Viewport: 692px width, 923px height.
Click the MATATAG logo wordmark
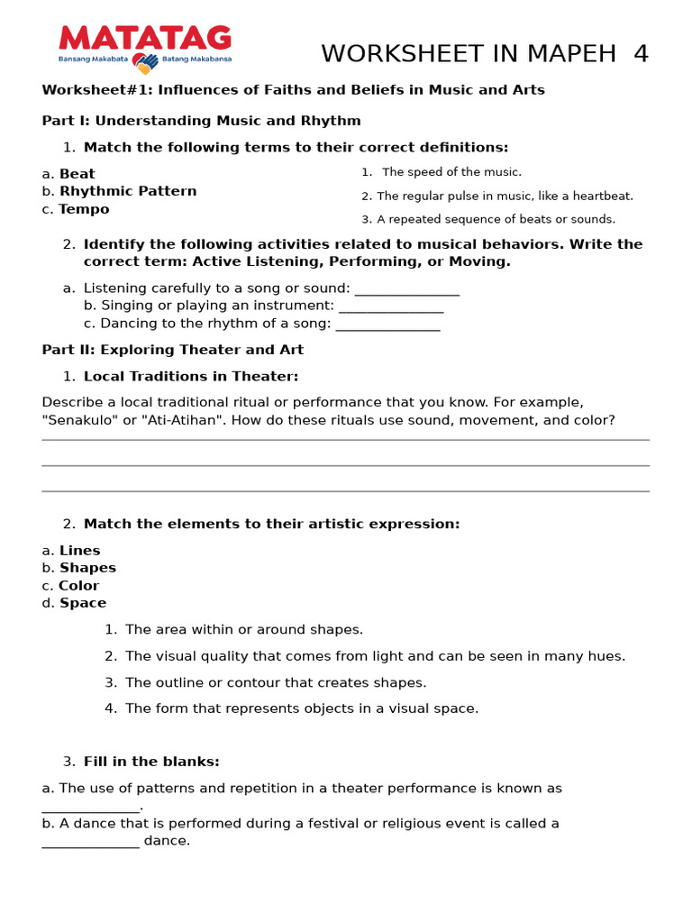145,38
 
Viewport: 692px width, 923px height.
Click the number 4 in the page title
641,54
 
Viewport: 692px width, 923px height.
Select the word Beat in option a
77,174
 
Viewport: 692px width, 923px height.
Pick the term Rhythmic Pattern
128,191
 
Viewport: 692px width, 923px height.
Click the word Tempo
84,209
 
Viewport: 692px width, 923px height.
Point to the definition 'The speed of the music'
451,172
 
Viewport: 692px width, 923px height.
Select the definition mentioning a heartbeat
505,196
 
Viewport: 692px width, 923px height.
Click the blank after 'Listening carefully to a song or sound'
407,289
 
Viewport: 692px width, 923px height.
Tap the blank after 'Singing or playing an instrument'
391,306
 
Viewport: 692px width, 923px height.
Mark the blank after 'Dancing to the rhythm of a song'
387,324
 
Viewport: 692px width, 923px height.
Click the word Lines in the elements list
79,551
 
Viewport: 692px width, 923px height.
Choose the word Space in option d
83,603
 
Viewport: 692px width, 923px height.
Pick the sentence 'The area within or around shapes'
244,629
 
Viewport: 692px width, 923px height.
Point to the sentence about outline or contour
276,682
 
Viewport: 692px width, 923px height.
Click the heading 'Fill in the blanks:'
151,762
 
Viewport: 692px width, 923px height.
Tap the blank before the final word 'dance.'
91,842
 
